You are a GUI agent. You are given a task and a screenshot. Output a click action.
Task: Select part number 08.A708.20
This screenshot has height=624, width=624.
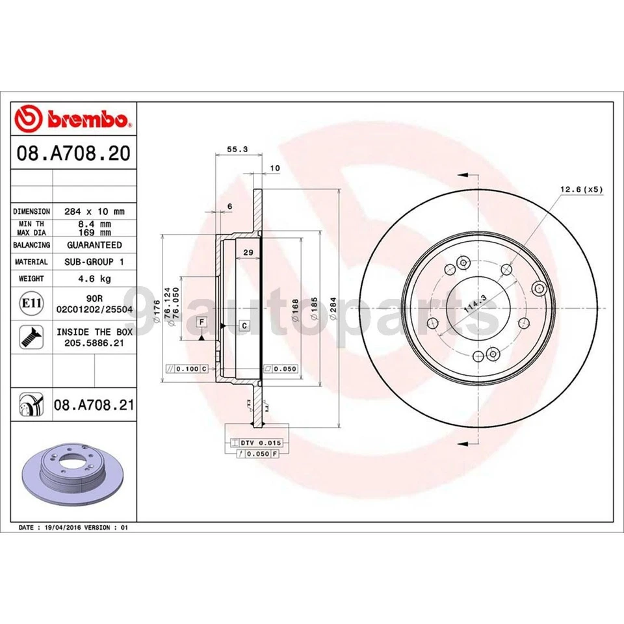tap(73, 154)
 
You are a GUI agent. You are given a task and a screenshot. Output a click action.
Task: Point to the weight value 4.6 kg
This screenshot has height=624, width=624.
tap(94, 278)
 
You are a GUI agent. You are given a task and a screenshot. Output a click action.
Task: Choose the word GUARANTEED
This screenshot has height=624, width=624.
tap(94, 245)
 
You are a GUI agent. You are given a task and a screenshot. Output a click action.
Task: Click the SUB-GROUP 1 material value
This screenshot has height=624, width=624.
tap(94, 261)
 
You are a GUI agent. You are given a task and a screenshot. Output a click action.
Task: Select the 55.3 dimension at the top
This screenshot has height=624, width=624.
tap(237, 149)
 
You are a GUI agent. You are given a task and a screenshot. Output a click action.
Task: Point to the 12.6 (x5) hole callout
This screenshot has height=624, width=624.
tap(582, 190)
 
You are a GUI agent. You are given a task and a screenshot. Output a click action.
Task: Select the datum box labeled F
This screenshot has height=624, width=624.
tap(201, 322)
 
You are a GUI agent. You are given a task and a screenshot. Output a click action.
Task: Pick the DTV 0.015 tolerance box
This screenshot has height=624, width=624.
tap(252, 442)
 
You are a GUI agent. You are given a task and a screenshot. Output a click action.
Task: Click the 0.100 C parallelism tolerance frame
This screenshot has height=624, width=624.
tap(187, 369)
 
